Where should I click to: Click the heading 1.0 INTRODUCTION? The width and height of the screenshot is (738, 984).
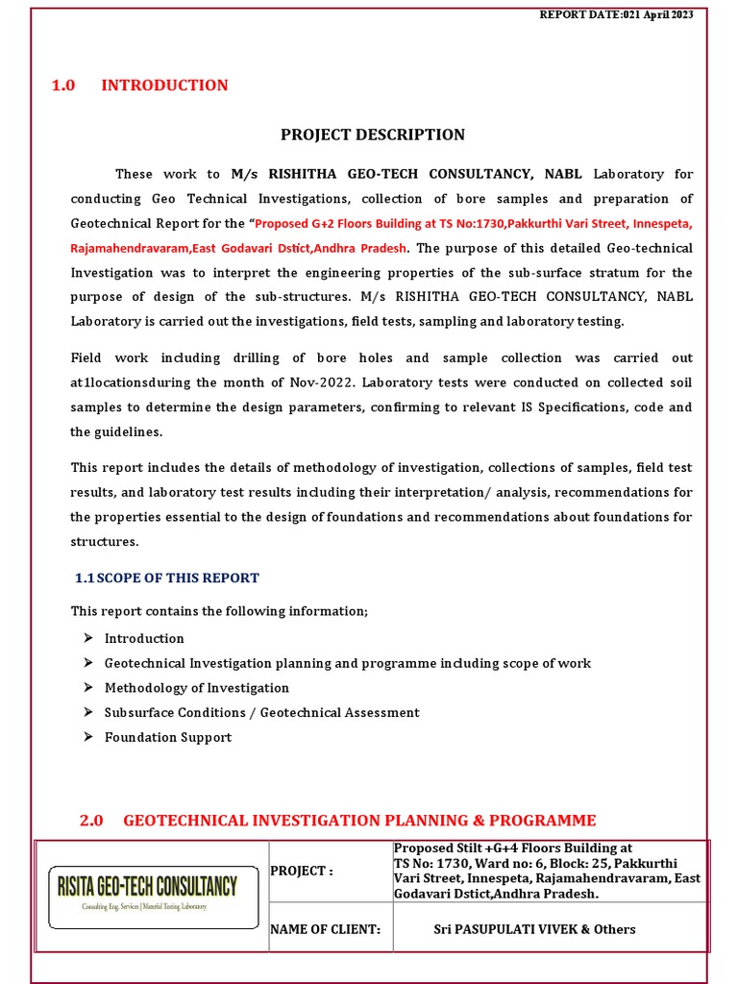click(139, 86)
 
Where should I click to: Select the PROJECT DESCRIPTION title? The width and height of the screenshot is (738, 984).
click(372, 135)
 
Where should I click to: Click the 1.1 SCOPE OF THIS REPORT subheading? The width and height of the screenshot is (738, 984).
click(167, 578)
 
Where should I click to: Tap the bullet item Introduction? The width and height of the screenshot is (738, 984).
click(144, 638)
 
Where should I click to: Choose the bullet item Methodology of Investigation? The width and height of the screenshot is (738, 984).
click(196, 688)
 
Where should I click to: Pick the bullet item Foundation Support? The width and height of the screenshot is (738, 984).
click(168, 738)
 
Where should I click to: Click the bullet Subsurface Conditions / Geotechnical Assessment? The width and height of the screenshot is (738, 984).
click(261, 713)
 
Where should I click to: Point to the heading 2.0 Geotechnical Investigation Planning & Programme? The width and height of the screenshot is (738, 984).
click(337, 821)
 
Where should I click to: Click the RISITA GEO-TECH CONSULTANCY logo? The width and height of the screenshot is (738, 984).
click(153, 896)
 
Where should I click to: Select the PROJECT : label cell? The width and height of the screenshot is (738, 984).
click(302, 872)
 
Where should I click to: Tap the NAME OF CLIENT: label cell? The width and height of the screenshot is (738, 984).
click(326, 929)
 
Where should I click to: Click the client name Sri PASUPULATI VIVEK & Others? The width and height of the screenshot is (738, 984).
click(534, 929)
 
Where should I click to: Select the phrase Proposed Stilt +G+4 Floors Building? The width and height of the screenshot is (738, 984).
click(513, 849)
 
